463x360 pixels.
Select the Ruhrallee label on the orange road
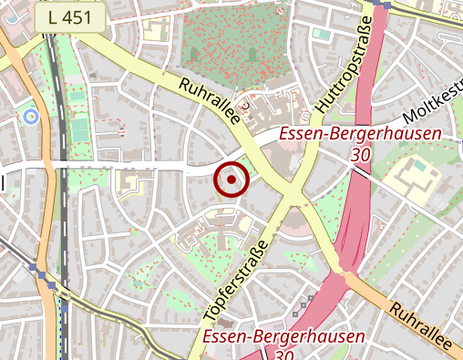(419, 326)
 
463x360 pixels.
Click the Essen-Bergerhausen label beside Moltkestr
(360, 135)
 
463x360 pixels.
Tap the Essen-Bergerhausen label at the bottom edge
(284, 337)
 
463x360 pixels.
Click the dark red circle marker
(231, 180)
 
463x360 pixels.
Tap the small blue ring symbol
(31, 116)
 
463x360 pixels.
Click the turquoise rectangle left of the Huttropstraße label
(321, 35)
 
